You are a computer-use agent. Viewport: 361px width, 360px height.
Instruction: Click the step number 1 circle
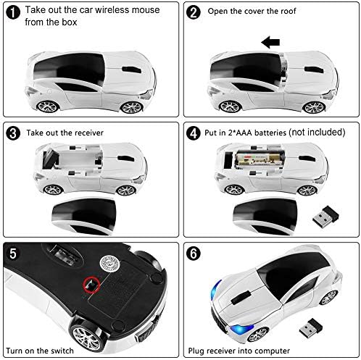(x=13, y=12)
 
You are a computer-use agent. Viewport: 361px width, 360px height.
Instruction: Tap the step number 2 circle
(x=194, y=12)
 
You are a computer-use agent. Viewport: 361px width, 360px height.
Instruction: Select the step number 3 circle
(x=13, y=133)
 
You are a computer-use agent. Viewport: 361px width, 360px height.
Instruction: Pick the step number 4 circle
(x=194, y=133)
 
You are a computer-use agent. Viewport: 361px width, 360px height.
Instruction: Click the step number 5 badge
(x=13, y=254)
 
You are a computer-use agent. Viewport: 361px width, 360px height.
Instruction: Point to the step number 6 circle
(x=194, y=254)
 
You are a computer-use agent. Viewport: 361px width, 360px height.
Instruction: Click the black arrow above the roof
(x=270, y=42)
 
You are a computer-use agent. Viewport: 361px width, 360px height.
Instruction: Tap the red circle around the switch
(x=92, y=285)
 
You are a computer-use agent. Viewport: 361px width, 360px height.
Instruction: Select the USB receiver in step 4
(x=325, y=216)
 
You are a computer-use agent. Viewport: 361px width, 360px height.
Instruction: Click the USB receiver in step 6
(x=310, y=328)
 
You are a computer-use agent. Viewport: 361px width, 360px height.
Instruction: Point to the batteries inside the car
(x=260, y=159)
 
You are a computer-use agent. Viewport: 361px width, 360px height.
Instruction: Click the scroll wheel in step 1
(x=131, y=70)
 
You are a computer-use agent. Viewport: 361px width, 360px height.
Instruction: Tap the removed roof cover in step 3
(x=84, y=216)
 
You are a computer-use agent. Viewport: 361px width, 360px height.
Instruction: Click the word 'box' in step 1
(x=69, y=22)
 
